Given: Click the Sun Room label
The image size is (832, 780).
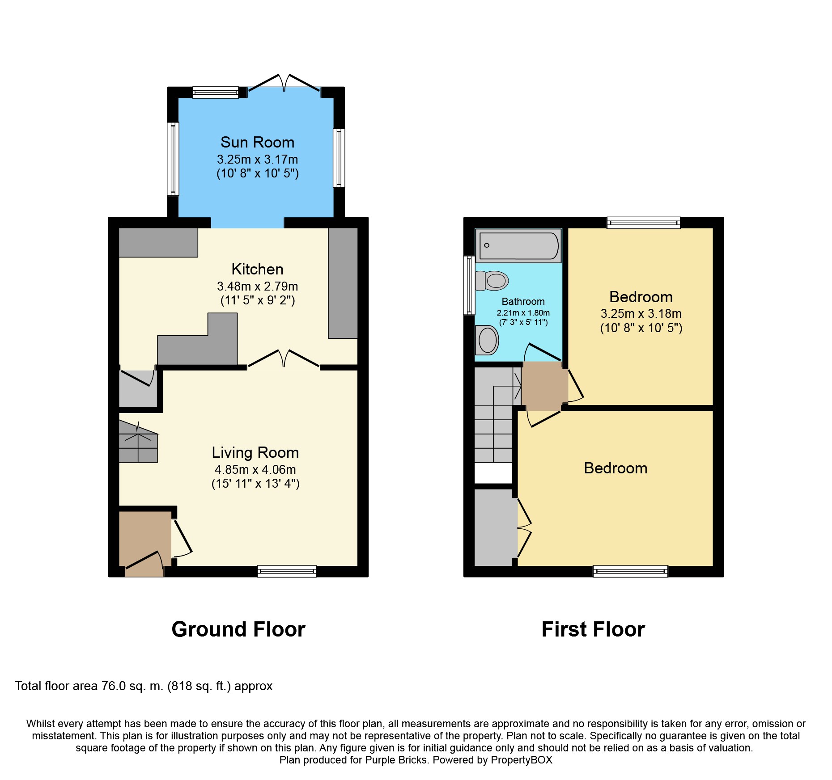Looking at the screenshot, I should (257, 143).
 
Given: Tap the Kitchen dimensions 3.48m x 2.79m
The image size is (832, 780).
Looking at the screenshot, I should (257, 286).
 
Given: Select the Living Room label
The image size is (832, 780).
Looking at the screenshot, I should (255, 452).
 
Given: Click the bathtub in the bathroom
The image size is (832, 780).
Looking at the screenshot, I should (518, 245).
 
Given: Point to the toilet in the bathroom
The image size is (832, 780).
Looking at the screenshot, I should (492, 281).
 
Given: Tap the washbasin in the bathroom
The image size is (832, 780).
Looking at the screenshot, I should (488, 340).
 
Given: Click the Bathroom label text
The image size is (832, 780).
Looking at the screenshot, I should (523, 301).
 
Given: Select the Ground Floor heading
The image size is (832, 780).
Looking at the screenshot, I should (238, 629).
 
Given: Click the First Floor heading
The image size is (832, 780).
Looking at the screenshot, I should (593, 629).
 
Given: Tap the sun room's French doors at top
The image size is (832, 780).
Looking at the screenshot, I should (284, 83).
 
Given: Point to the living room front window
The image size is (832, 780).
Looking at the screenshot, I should (287, 571).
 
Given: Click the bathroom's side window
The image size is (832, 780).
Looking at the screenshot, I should (469, 285).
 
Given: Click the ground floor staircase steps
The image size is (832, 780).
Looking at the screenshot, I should (138, 445).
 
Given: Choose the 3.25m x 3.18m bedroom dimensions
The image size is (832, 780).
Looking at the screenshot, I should (641, 314).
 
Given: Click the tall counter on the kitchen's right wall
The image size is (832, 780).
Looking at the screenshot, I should (343, 282).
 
